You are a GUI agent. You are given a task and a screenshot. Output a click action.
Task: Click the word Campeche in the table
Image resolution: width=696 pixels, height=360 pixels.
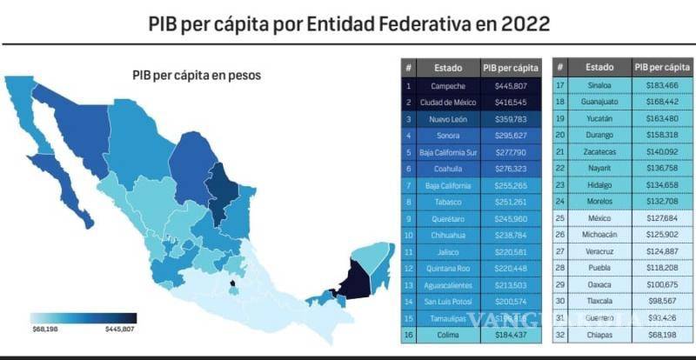coord(449,87)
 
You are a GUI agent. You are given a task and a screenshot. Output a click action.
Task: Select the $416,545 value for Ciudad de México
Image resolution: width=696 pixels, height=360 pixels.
coord(511,103)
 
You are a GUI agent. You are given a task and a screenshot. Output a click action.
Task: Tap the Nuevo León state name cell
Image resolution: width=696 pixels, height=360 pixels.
coord(449,119)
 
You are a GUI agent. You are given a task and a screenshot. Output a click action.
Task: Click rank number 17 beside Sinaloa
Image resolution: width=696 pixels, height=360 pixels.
coord(561,86)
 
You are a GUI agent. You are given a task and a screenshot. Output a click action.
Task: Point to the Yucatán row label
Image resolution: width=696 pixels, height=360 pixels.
coord(599,119)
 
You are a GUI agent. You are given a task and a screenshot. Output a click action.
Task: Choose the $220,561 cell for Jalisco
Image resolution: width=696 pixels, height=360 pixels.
coord(511,252)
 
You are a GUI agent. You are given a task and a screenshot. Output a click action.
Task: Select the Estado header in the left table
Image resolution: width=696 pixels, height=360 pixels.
coord(449,68)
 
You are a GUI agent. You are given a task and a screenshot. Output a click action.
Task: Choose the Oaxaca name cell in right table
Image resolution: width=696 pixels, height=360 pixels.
coord(599,285)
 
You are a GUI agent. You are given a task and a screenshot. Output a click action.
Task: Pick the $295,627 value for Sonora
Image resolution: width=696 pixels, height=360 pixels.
coord(511,136)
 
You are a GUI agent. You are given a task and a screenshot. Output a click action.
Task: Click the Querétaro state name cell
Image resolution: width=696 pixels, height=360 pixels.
coord(449,219)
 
